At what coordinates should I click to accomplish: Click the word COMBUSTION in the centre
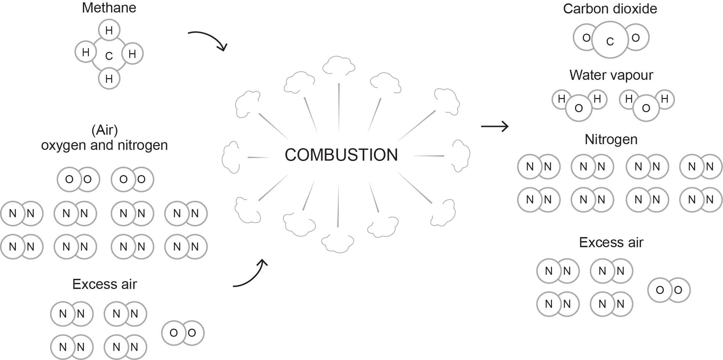click(x=341, y=155)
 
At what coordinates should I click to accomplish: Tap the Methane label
click(x=109, y=8)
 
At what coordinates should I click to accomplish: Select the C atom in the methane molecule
click(x=109, y=56)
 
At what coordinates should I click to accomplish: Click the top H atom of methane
click(x=109, y=30)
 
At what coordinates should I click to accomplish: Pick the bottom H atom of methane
click(x=109, y=79)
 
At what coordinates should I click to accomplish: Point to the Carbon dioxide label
click(x=610, y=9)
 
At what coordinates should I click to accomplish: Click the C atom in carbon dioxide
click(x=610, y=41)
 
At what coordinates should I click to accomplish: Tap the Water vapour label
click(x=611, y=75)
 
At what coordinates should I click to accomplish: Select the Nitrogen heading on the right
click(x=611, y=139)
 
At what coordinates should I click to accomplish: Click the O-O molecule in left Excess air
click(x=183, y=333)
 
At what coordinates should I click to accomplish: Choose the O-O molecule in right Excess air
click(x=669, y=290)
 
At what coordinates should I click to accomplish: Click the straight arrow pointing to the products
click(x=494, y=127)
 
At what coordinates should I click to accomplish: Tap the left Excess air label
click(x=104, y=284)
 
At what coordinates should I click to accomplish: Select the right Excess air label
click(x=611, y=242)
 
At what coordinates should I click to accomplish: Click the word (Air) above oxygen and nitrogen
click(x=105, y=130)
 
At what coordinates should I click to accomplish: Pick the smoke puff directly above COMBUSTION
click(x=338, y=66)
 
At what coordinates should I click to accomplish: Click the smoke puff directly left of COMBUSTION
click(x=231, y=157)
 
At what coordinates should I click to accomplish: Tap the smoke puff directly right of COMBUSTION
click(x=460, y=156)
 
